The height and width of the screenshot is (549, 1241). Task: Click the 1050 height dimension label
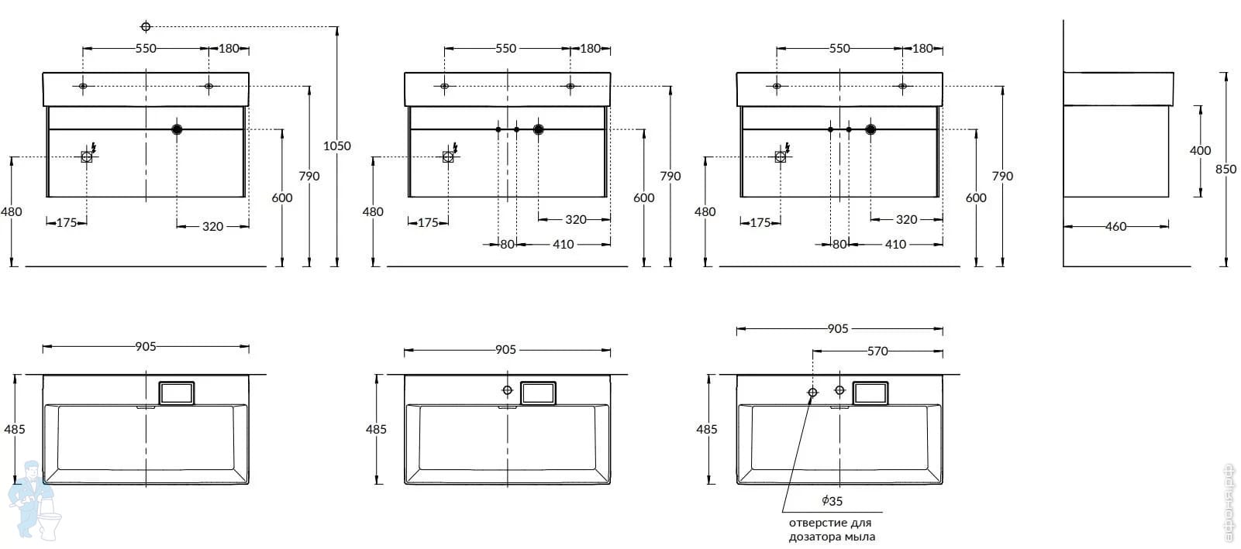(x=337, y=146)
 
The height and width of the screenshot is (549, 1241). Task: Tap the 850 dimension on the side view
(x=1225, y=170)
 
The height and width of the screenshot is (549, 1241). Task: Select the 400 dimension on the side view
(x=1200, y=150)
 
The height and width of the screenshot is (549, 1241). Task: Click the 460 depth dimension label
(x=1115, y=226)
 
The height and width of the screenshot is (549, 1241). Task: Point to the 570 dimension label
(x=877, y=352)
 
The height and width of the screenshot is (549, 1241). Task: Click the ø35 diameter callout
(x=833, y=501)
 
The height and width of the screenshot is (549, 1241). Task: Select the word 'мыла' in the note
(x=860, y=537)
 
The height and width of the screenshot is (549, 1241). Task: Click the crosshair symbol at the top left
(x=146, y=26)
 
